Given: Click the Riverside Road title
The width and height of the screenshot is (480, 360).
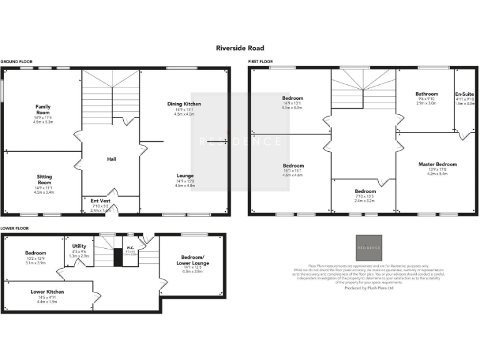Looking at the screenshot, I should point(240,48).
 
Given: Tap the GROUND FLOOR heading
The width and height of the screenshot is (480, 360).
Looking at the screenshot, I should point(14,62).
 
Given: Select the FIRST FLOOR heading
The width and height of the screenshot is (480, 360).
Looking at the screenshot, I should point(261,62).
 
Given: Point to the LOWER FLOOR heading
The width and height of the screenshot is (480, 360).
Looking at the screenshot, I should point(13,229).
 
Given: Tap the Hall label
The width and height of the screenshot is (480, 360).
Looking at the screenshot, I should point(111,159).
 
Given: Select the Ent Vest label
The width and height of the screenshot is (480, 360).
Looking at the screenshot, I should point(100,201).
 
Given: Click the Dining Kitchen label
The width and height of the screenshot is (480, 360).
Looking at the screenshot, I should point(184,104).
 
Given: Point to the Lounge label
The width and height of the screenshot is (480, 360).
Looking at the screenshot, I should point(184,176).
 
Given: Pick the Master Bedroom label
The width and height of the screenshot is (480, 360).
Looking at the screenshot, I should point(437,164).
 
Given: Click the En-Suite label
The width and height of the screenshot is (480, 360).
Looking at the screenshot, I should point(464,94).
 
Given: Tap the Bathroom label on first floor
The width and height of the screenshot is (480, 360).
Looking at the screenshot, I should point(427,94).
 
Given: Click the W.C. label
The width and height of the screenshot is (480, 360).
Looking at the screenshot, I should point(131,247).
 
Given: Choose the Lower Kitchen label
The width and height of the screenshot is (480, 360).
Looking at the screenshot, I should point(47,292).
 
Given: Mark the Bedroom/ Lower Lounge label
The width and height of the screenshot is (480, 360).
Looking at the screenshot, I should point(194,261).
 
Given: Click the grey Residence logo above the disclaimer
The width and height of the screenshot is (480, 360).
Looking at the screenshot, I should point(368,247).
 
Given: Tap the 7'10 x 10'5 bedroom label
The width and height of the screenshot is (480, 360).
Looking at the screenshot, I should point(365,191).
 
